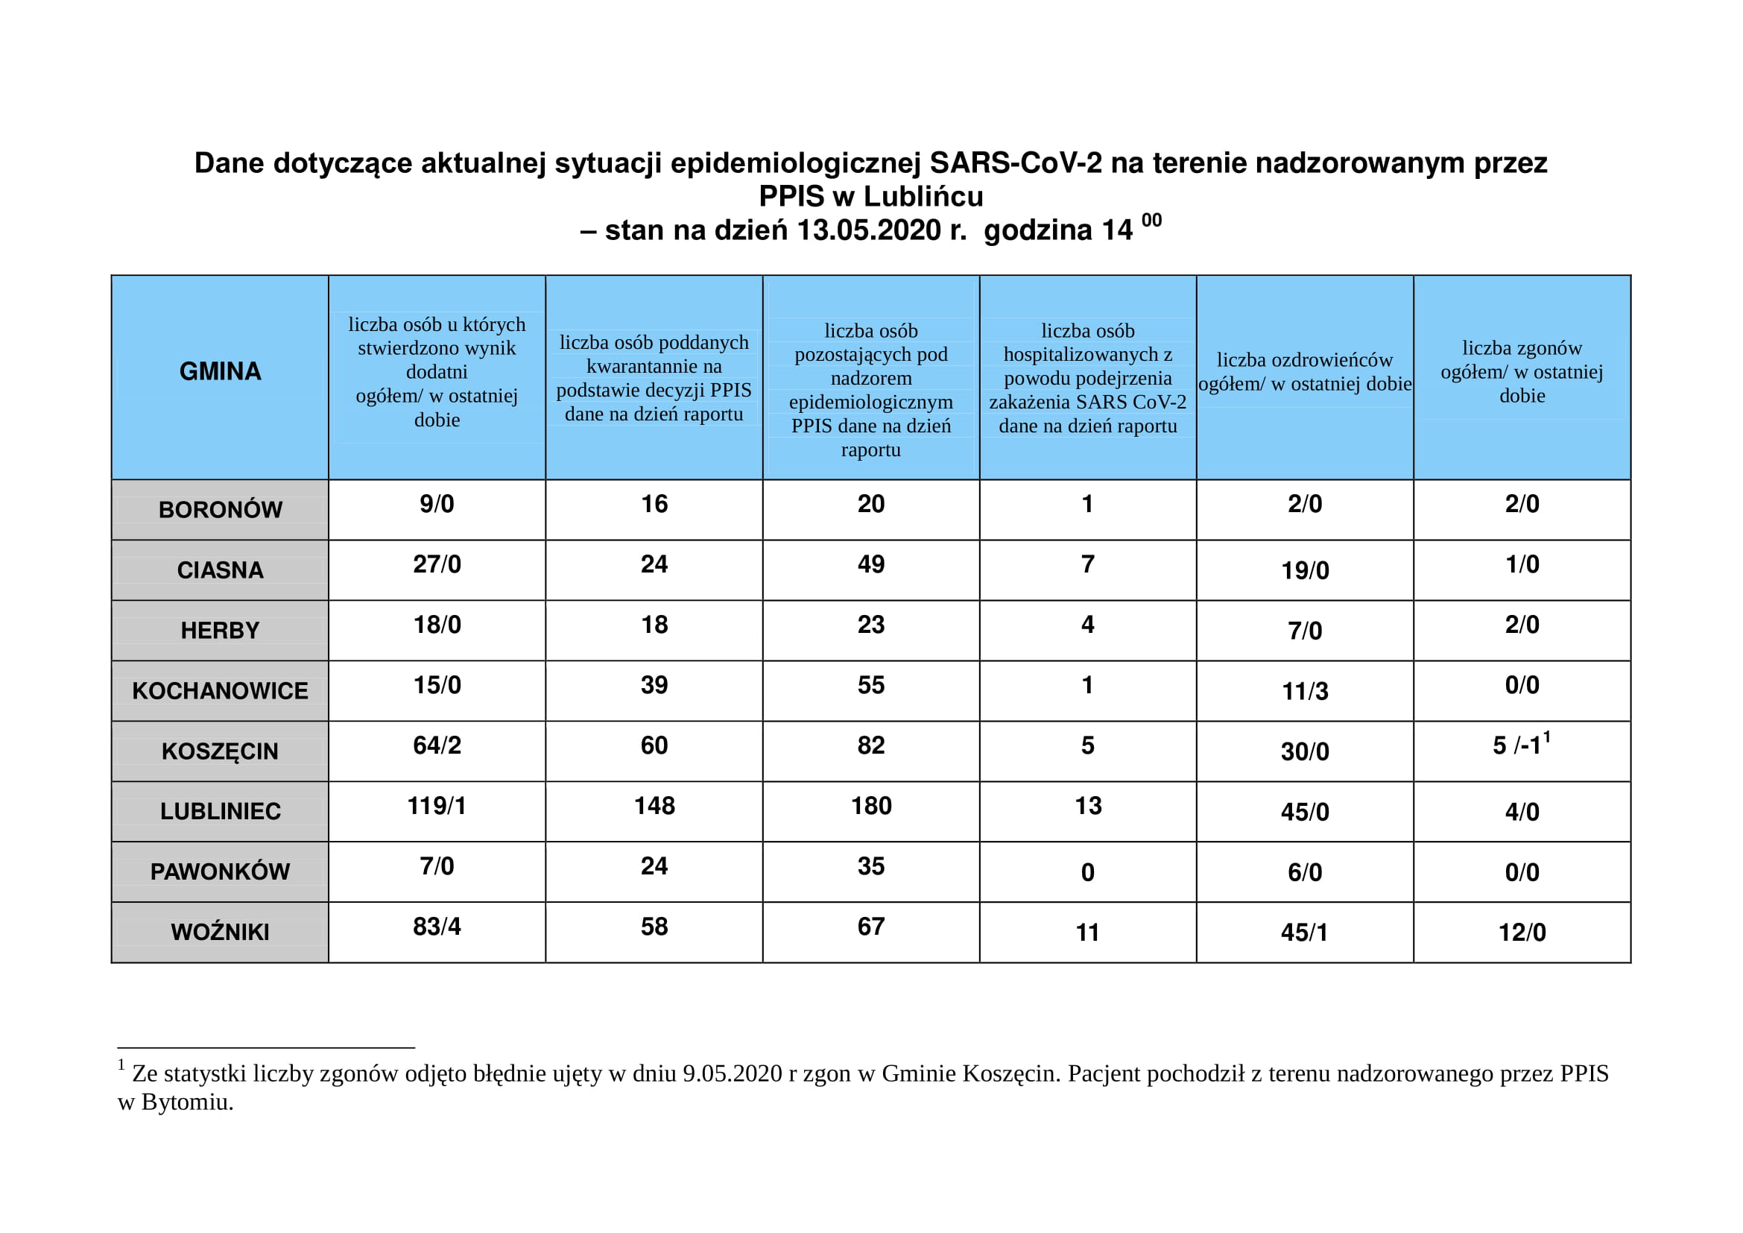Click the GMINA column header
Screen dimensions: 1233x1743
coord(220,371)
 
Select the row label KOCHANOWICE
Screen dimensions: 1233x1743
coord(220,691)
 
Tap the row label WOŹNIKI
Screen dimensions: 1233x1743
coord(220,933)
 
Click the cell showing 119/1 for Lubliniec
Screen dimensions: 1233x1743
coord(437,806)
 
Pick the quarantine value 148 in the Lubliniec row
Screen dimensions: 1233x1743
coord(654,806)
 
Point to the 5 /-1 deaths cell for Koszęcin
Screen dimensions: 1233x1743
coord(1521,745)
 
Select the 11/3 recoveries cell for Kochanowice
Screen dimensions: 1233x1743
coord(1305,692)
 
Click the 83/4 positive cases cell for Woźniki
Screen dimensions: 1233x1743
coord(437,927)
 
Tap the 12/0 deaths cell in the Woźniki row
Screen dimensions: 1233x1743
coord(1522,933)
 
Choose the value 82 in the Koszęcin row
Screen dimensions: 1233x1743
coord(870,745)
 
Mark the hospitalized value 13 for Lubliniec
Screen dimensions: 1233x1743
coord(1088,806)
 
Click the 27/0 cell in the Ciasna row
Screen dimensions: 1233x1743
coord(437,564)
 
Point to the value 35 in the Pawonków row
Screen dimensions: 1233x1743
coord(870,866)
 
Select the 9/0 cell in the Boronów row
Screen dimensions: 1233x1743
coord(437,504)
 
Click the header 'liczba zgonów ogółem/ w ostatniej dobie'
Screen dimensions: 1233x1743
coord(1522,371)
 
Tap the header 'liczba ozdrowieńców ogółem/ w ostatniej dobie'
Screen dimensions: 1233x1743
coord(1305,371)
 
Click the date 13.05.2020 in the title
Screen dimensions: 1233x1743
coord(868,230)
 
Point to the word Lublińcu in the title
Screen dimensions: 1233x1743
coord(923,197)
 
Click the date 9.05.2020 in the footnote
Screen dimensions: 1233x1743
coord(732,1073)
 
